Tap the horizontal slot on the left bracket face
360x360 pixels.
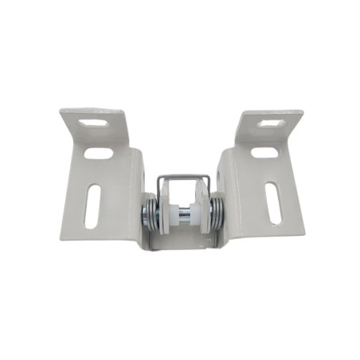pyautogui.click(x=99, y=152)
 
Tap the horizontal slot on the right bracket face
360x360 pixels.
pyautogui.click(x=264, y=151)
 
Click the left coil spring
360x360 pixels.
pyautogui.click(x=150, y=214)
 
